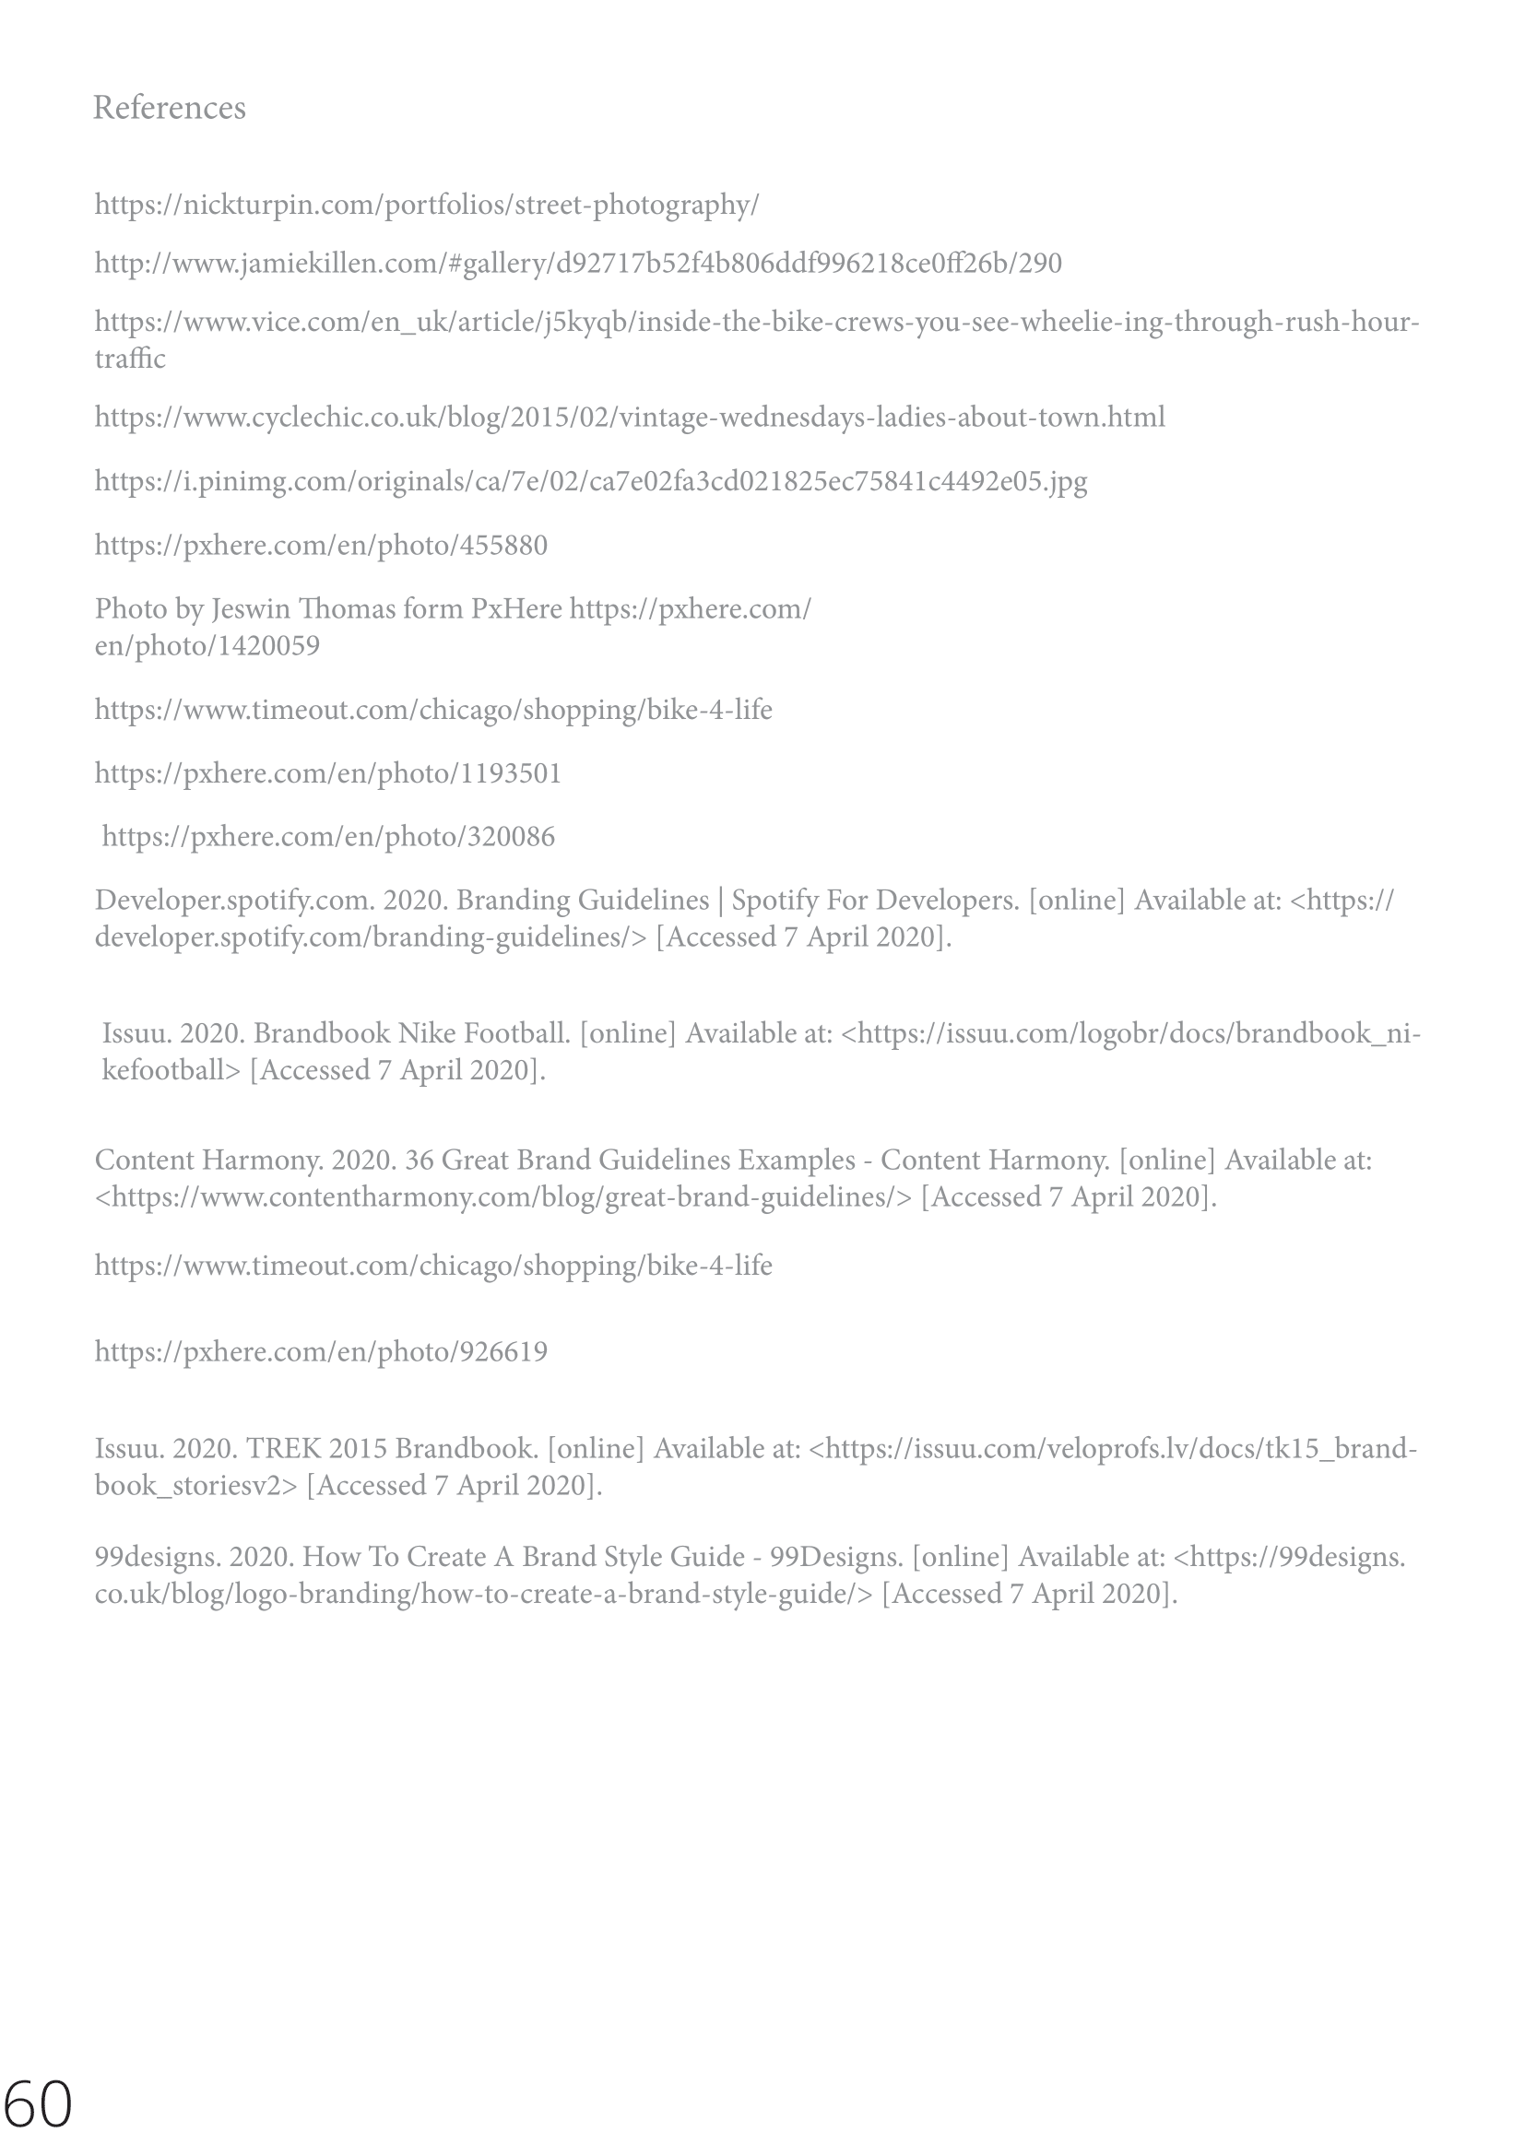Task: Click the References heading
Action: click(x=169, y=108)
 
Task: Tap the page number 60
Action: click(x=38, y=2103)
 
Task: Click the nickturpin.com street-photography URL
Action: click(x=426, y=205)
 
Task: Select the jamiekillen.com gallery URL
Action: click(x=578, y=263)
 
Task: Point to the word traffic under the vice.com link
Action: click(x=130, y=359)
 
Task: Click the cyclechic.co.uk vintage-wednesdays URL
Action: click(x=629, y=417)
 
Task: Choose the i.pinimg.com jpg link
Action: click(x=591, y=482)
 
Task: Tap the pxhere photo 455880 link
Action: click(x=321, y=546)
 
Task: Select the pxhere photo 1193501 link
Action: click(x=327, y=773)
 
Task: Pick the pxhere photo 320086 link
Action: click(x=328, y=837)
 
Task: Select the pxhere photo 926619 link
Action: click(x=321, y=1352)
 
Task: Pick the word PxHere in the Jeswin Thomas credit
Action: click(x=515, y=609)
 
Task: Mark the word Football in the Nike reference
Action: click(x=517, y=1034)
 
